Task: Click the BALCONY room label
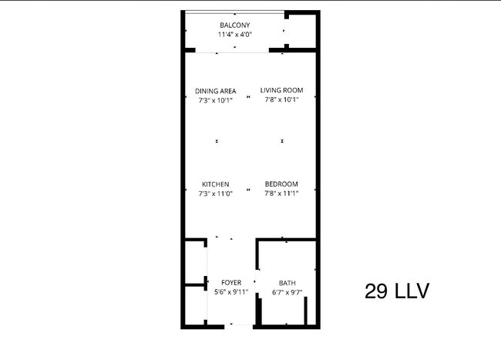coord(235,25)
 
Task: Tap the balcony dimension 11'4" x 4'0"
coord(235,35)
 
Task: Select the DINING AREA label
coord(215,90)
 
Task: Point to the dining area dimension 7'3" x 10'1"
coord(215,99)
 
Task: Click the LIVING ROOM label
coord(281,90)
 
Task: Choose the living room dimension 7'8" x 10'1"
coord(281,99)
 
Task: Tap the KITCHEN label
coord(215,184)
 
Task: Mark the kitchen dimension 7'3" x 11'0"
coord(215,193)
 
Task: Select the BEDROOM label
coord(281,184)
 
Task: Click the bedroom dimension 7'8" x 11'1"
coord(281,193)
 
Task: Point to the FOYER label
coord(231,283)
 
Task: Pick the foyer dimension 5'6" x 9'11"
coord(231,292)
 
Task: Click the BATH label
coord(287,283)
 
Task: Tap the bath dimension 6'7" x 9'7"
coord(287,292)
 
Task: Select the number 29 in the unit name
coord(375,291)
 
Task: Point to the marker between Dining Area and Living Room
coord(248,97)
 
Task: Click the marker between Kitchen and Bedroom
coord(248,190)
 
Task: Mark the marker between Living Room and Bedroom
coord(283,142)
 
